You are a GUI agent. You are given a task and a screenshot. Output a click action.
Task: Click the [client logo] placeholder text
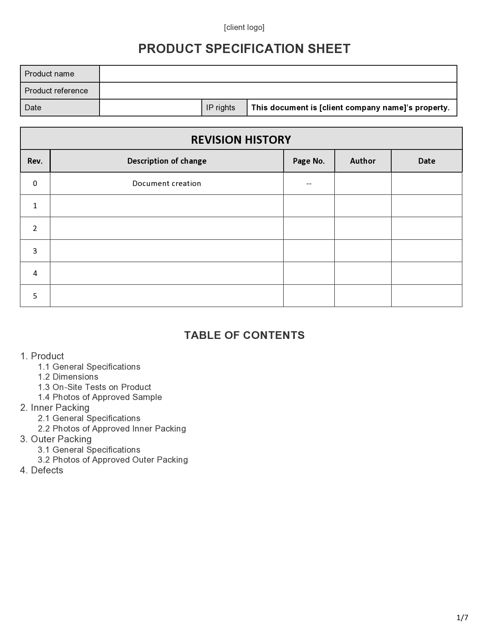coord(244,27)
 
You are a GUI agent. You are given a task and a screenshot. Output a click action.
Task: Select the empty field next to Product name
coord(278,74)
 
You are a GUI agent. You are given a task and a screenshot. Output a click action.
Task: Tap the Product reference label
coord(56,91)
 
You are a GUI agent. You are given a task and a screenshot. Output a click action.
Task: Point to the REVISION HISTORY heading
coord(241,139)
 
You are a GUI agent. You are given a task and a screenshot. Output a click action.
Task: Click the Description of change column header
coord(167,161)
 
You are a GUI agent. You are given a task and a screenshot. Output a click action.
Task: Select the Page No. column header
coord(309,161)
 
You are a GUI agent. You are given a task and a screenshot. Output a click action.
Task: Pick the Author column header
coord(362,161)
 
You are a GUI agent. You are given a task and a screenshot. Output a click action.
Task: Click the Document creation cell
coord(167,184)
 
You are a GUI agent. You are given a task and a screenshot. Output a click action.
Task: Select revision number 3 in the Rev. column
coord(35,251)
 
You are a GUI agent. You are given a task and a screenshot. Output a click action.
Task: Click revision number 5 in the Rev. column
coord(35,296)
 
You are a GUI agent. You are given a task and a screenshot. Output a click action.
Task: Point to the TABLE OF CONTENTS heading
coord(244,335)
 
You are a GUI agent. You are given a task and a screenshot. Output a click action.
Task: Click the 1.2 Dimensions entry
coord(68,377)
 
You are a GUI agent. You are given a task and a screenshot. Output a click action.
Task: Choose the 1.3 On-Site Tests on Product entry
coord(94,387)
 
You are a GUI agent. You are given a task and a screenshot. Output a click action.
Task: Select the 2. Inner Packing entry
coord(55,408)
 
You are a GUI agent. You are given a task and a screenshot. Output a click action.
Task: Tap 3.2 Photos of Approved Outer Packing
coord(113,460)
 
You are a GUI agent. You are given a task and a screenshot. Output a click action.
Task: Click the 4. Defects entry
coord(42,470)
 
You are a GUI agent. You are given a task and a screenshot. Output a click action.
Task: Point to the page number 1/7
coord(462,617)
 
